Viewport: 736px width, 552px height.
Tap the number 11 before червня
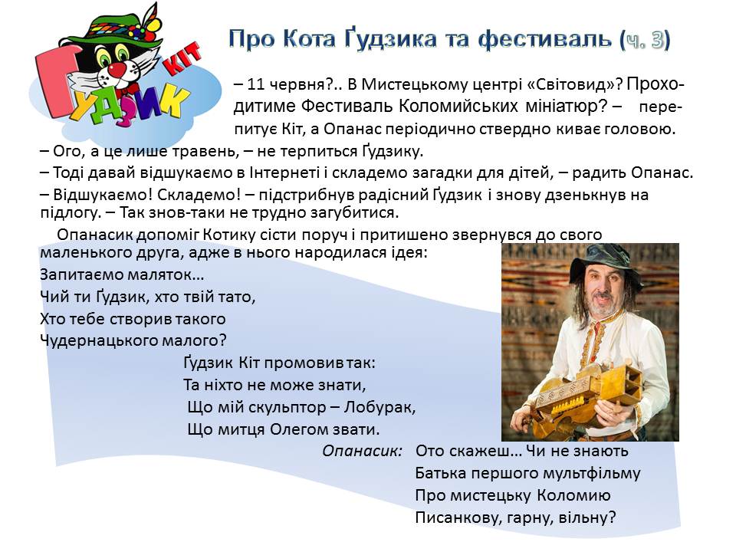pos(255,84)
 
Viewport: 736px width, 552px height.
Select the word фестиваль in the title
pos(545,39)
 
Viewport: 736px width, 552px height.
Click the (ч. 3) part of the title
pos(645,40)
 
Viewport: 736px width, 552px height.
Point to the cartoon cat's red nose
pos(117,71)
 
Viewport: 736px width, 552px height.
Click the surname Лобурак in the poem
pos(379,407)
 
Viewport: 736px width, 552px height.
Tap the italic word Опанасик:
pos(363,451)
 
